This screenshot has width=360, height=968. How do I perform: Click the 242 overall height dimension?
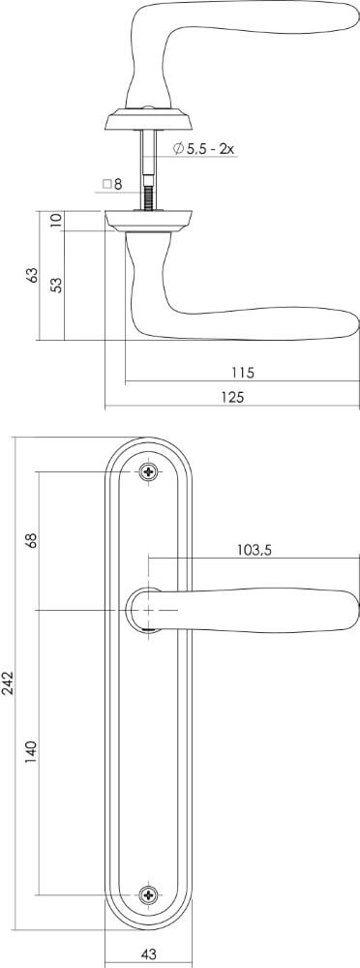point(8,683)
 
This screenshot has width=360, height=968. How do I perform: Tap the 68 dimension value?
point(32,540)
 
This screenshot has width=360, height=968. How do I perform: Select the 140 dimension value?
point(32,752)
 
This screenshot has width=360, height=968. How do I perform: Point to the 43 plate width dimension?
point(148,953)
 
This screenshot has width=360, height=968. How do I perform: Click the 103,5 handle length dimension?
point(255,550)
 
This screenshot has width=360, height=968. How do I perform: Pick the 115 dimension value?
point(242,372)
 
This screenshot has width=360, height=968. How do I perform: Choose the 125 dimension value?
point(232,397)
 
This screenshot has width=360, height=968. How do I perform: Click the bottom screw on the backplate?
point(148,894)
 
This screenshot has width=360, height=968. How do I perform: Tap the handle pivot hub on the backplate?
point(148,610)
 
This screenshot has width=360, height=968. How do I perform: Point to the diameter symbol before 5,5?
point(179,149)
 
